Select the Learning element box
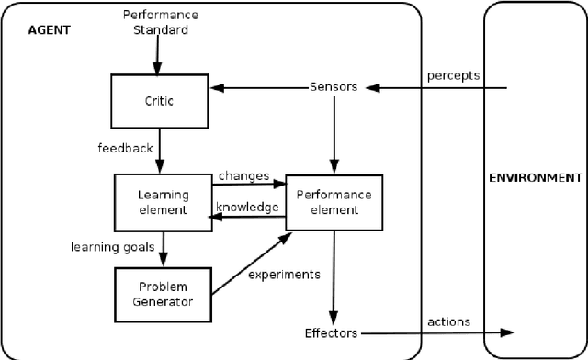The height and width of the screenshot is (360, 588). [163, 202]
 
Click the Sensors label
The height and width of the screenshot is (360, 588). [334, 88]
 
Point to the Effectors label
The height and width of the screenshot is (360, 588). [331, 332]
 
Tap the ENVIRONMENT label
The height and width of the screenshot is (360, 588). [536, 177]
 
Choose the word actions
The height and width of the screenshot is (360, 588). [448, 321]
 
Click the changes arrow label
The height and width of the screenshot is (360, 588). [244, 175]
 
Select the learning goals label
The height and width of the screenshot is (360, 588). [112, 246]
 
